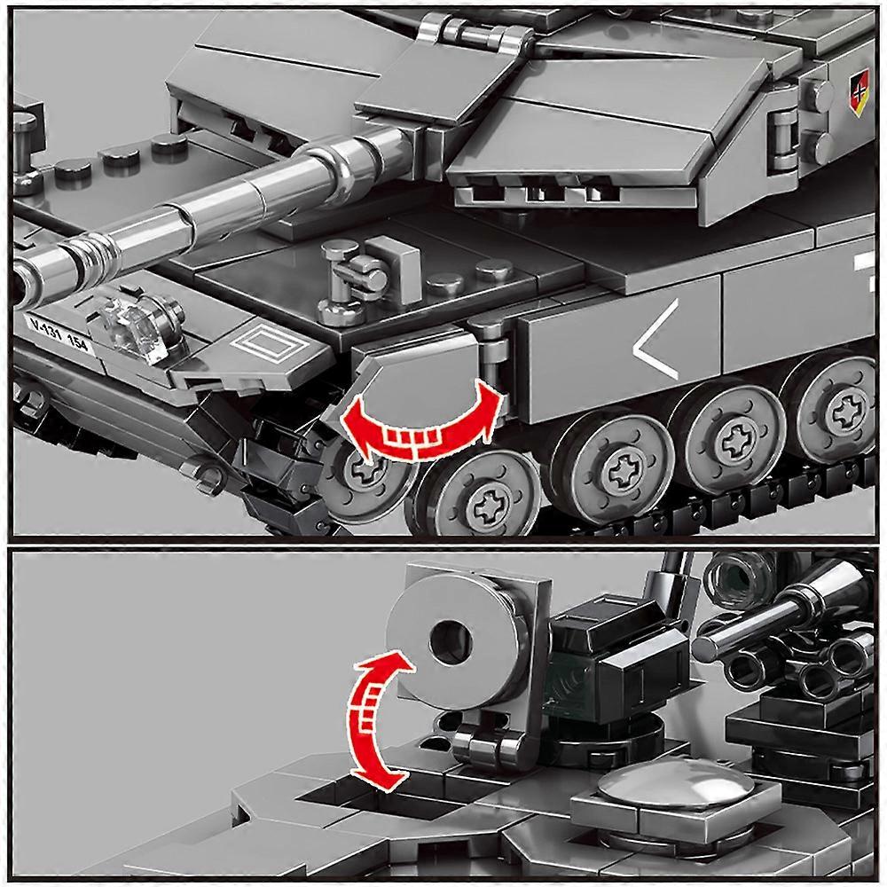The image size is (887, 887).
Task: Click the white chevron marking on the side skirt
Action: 656,340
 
